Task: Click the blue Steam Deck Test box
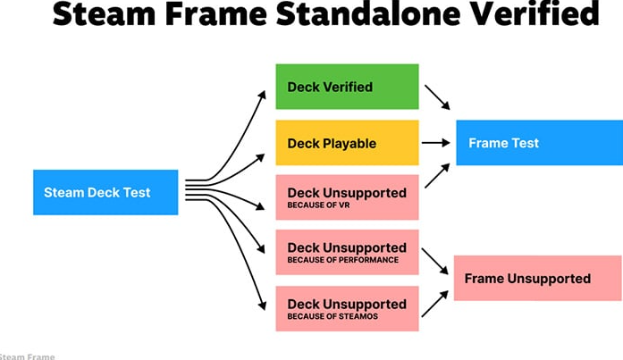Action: click(105, 192)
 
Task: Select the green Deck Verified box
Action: click(347, 87)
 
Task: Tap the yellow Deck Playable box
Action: click(347, 143)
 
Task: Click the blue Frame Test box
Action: click(538, 143)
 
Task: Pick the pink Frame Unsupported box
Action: click(538, 278)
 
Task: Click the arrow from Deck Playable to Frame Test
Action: click(436, 143)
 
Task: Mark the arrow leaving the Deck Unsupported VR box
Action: click(436, 176)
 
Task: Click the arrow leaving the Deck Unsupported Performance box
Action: click(436, 261)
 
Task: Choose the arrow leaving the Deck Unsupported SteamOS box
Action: click(434, 304)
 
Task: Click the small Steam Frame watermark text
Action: click(27, 356)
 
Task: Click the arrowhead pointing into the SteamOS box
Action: click(263, 306)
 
